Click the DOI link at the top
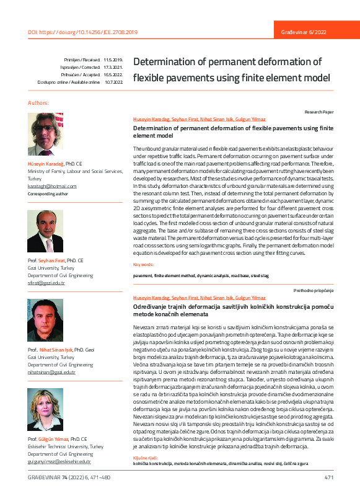[x=83, y=32]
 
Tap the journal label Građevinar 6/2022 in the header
[x=305, y=32]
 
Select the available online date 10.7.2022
[x=113, y=82]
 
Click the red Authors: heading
[x=38, y=102]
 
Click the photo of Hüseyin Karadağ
[x=45, y=134]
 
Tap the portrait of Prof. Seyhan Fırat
[x=45, y=231]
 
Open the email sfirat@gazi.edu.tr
[x=46, y=282]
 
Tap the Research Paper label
[x=319, y=112]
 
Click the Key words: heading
[x=144, y=264]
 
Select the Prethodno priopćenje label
[x=314, y=291]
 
